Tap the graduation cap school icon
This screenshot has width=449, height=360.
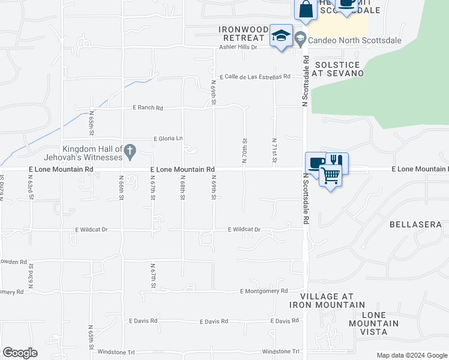click(x=281, y=35)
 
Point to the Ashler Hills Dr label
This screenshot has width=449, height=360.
click(x=237, y=47)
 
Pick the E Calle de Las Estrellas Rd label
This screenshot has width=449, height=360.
click(x=255, y=77)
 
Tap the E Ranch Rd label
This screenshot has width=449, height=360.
click(x=148, y=108)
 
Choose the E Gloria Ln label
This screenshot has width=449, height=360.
click(x=168, y=139)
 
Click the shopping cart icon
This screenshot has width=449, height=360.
click(x=330, y=175)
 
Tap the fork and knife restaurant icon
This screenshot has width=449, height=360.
click(x=336, y=161)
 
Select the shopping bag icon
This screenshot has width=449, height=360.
click(x=306, y=9)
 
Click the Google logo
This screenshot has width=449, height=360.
click(x=20, y=353)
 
